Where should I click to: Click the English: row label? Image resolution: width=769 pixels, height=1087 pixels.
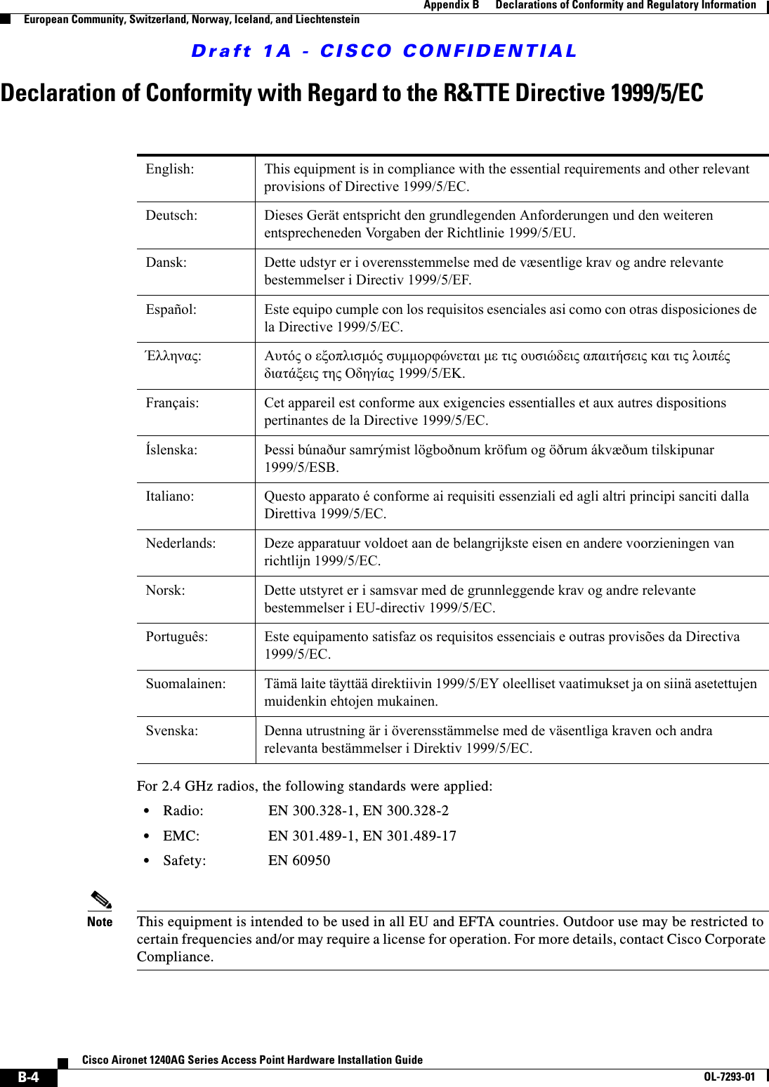[x=170, y=169]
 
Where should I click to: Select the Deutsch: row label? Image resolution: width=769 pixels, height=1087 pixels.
[x=171, y=216]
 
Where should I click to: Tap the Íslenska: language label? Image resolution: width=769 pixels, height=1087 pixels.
[x=171, y=450]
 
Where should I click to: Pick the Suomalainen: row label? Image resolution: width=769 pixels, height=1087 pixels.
[x=186, y=684]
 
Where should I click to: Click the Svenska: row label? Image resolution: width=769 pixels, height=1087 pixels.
[x=172, y=731]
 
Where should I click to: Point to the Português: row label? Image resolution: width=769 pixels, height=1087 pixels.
[x=177, y=637]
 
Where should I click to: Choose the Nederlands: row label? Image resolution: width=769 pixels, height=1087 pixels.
[x=180, y=543]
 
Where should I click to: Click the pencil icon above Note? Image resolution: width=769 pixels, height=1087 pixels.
[x=100, y=900]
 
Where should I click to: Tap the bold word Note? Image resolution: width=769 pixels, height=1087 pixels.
[x=100, y=922]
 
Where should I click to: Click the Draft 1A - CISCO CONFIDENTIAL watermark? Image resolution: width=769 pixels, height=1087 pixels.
[x=384, y=51]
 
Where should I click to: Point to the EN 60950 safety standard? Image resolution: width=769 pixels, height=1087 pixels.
[x=299, y=861]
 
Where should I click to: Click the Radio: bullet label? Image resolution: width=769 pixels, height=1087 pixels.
[x=183, y=811]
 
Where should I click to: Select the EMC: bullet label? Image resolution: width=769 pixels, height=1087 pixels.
[x=181, y=836]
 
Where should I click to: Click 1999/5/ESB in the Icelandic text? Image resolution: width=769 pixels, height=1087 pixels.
[x=301, y=468]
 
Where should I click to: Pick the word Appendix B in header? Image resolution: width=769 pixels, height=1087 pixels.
[x=451, y=6]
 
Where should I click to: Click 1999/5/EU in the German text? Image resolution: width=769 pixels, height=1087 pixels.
[x=541, y=233]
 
